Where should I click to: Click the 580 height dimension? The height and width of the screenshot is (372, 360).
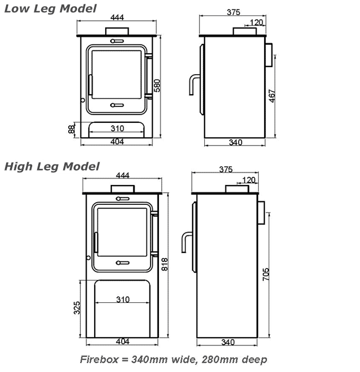tap(157, 86)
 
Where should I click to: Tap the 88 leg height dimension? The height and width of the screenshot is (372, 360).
tap(71, 130)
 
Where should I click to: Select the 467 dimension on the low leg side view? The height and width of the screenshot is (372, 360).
tap(272, 96)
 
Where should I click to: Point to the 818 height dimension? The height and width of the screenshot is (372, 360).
tap(164, 264)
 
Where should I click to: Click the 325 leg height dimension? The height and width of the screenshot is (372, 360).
tap(77, 308)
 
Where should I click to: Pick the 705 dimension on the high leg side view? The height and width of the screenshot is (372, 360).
tap(266, 274)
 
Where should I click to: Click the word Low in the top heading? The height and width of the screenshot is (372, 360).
tap(17, 9)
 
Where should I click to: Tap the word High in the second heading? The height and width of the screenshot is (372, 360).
tap(18, 167)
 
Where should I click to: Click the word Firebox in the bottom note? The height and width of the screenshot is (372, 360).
tap(99, 359)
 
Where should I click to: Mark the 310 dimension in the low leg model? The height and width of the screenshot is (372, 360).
tap(117, 128)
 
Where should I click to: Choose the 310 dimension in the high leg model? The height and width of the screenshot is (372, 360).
tap(123, 299)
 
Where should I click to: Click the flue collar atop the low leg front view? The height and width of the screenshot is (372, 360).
tap(117, 32)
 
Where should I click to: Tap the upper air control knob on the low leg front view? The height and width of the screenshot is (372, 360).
tap(117, 41)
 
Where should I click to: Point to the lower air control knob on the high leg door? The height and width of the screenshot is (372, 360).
tap(123, 262)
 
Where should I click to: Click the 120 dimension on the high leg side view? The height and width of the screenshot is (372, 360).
tap(249, 180)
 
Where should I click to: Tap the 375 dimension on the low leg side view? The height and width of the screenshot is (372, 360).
tap(233, 12)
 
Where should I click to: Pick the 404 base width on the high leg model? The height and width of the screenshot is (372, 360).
tap(123, 342)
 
